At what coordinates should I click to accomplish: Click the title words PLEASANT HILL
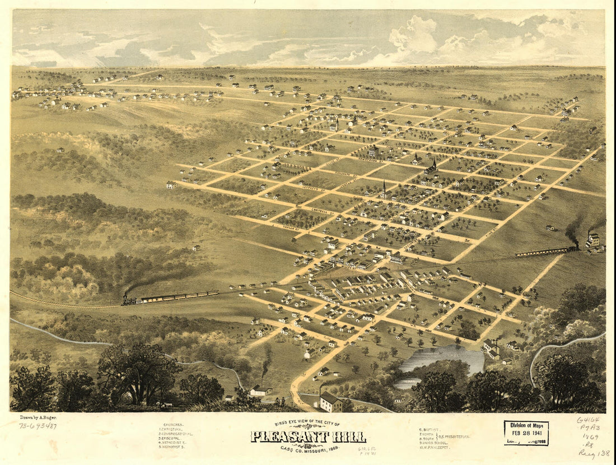point(308,436)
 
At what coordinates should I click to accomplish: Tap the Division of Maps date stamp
point(526,433)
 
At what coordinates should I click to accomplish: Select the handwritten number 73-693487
point(38,426)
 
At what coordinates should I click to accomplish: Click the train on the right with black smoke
point(546,252)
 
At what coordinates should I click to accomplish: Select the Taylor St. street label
point(291,228)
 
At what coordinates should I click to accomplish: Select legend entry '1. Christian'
point(175,429)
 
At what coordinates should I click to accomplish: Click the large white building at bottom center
point(330,401)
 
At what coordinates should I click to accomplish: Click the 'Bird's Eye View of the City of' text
point(307,424)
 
